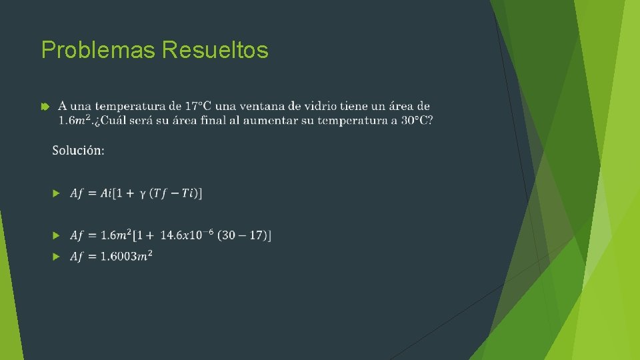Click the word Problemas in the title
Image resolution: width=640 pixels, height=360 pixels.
[99, 50]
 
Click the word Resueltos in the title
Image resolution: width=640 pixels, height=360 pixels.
[215, 50]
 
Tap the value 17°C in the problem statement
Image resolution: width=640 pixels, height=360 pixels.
[200, 106]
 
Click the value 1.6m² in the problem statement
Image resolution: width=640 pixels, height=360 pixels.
[73, 120]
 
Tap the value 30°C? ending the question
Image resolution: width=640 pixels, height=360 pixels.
[416, 120]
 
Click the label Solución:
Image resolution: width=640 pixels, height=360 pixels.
[78, 151]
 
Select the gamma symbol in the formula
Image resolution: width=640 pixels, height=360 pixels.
[142, 194]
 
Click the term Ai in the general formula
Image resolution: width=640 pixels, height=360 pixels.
[107, 193]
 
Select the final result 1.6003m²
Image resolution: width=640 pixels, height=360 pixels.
[126, 257]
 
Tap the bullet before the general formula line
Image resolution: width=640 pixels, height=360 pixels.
[56, 193]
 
